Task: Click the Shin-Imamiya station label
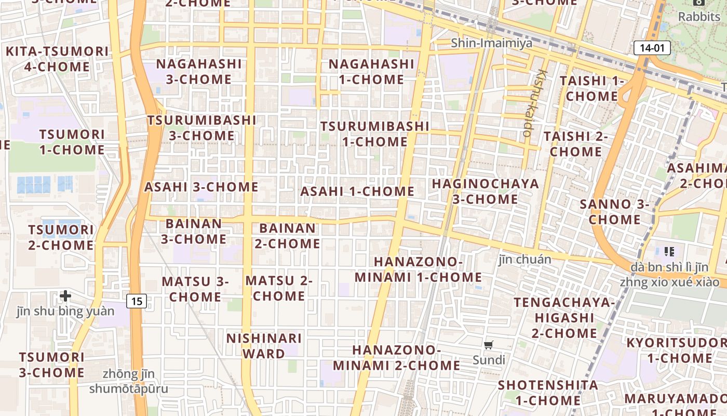pos(491,43)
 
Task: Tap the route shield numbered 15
pos(137,301)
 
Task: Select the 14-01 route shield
pos(652,48)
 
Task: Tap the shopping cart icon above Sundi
pos(488,345)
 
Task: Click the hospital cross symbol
pos(65,296)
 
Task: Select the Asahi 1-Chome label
pos(357,191)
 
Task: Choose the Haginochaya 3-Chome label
pos(485,191)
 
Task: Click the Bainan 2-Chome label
pos(287,236)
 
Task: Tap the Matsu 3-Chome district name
pos(195,289)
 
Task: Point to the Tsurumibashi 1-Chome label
pos(374,134)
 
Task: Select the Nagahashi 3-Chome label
pos(199,72)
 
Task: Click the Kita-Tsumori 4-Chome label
pos(57,59)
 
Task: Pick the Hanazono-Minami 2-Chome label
pos(396,358)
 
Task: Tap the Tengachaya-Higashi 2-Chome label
pos(564,317)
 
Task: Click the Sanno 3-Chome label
pos(614,212)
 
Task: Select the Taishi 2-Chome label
pos(575,144)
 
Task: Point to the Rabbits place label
pos(699,17)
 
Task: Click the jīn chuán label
pos(525,259)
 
